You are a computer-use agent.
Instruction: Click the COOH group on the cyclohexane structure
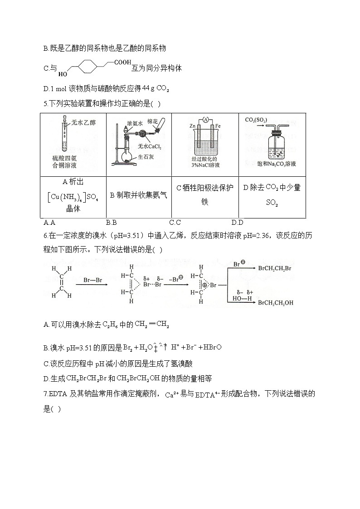coord(123,62)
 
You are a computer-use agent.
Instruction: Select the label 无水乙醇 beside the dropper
coord(83,122)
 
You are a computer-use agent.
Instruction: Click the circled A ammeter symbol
coord(206,120)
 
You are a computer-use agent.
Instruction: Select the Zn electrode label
coord(192,126)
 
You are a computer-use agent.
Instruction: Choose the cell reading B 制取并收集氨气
coord(139,195)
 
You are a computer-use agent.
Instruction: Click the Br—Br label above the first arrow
coord(92,280)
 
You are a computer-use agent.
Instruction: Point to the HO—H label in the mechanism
coord(241,299)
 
